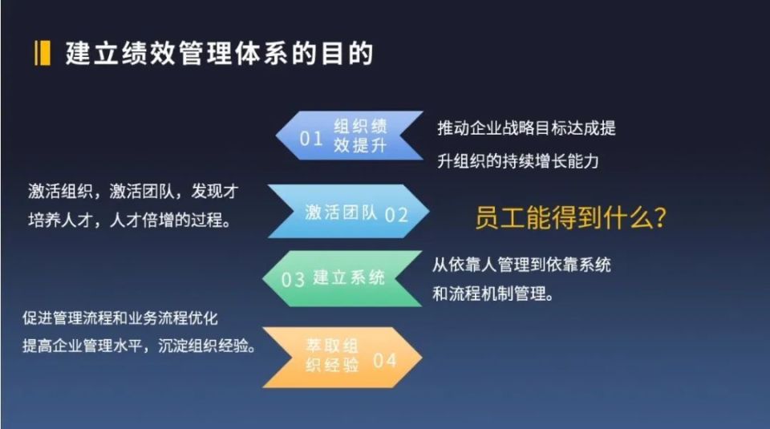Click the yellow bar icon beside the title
(x=43, y=54)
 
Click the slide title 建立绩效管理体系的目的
(x=220, y=54)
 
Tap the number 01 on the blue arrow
(x=311, y=139)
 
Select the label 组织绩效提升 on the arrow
(x=360, y=136)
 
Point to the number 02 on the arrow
(x=396, y=215)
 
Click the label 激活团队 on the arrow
(x=341, y=212)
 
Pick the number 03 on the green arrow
(x=294, y=280)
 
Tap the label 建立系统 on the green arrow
(x=349, y=277)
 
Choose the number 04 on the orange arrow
(x=384, y=361)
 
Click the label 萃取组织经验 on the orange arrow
(x=332, y=355)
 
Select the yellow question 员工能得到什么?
(x=570, y=217)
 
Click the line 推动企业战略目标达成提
(x=526, y=128)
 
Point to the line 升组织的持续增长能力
(x=518, y=161)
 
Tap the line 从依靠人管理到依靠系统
(x=521, y=265)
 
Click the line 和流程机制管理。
(x=493, y=294)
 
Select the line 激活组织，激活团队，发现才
(x=133, y=192)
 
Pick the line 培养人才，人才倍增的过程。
(x=130, y=220)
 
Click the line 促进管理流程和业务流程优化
(x=120, y=318)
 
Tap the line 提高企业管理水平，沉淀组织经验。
(x=140, y=346)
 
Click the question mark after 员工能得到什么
(x=660, y=217)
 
